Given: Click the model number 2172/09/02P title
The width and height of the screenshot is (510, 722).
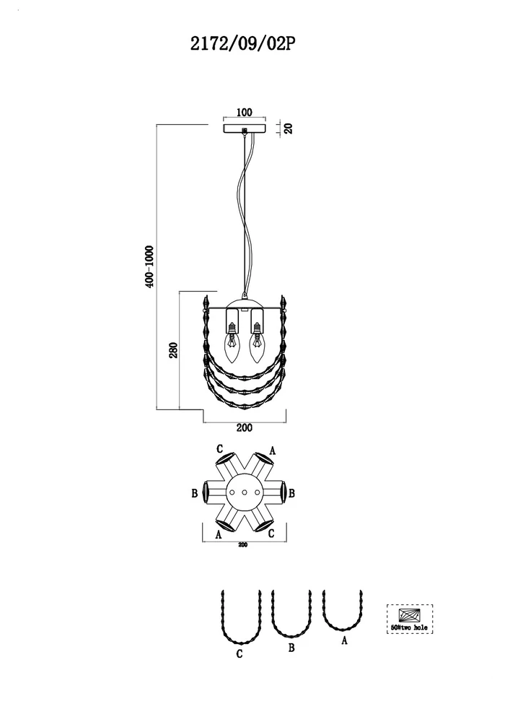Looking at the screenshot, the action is (x=242, y=44).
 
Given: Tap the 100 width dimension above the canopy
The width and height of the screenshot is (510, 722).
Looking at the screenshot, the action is (x=245, y=113).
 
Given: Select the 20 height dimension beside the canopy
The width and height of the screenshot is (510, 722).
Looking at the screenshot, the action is (x=289, y=128).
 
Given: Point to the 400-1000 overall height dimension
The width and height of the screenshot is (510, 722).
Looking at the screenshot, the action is (x=149, y=266).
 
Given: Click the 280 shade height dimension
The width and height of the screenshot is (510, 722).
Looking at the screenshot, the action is (x=173, y=351).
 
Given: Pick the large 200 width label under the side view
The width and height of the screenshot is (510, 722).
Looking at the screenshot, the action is (x=245, y=427).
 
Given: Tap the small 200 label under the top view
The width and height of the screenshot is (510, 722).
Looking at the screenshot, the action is (x=243, y=544).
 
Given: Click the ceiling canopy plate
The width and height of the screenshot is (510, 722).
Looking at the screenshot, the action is (x=245, y=128).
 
